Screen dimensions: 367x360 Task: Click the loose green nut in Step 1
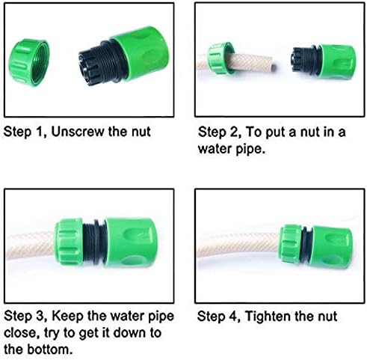tap(28, 62)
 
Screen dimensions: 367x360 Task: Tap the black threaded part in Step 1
tap(101, 64)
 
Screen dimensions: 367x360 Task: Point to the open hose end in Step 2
tap(274, 67)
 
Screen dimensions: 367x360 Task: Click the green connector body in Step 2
tap(338, 61)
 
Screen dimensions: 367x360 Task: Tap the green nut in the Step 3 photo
tap(69, 242)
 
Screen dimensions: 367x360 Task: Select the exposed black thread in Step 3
tap(94, 242)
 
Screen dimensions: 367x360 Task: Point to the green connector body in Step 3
tap(131, 242)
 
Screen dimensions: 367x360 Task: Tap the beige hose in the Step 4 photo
tap(238, 245)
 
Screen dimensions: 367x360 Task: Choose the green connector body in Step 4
tap(331, 247)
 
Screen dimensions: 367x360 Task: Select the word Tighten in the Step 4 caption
tap(268, 316)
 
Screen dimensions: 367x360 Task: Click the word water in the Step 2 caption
tap(215, 149)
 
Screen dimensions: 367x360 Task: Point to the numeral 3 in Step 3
tap(40, 316)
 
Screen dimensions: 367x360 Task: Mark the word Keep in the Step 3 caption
tap(67, 317)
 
